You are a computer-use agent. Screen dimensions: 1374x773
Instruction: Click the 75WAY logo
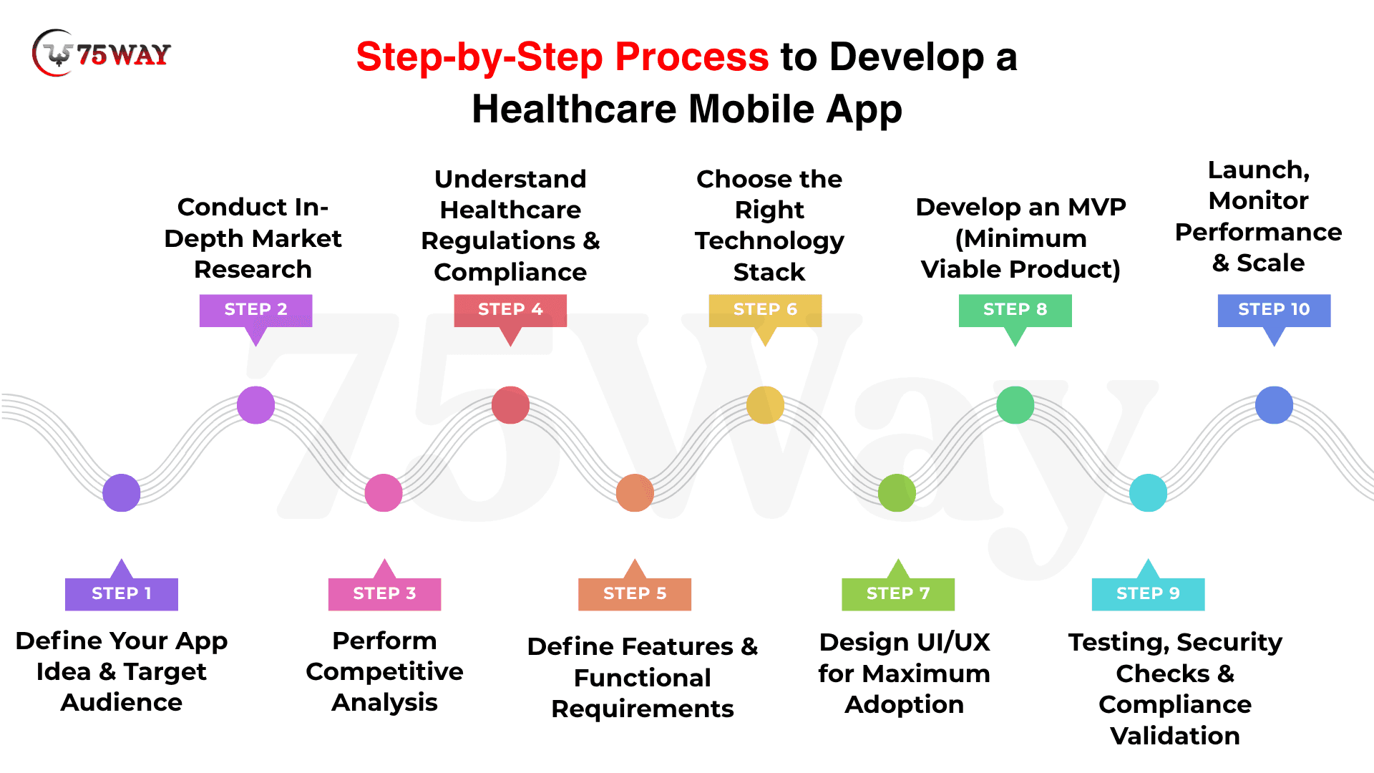click(x=101, y=53)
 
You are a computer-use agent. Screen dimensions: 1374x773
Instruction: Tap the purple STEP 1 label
click(x=122, y=593)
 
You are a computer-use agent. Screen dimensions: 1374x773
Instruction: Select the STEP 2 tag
click(x=255, y=310)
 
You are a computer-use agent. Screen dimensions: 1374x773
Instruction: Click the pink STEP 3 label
click(x=384, y=593)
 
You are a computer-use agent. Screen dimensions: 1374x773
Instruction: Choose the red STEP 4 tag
click(x=510, y=310)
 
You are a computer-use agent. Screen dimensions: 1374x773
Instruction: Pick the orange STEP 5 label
click(x=635, y=593)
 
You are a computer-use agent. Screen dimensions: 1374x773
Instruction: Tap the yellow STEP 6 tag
click(x=765, y=310)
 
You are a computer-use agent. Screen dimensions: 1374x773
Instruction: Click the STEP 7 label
click(x=898, y=593)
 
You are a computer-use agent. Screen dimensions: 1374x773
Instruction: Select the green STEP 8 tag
click(x=1015, y=310)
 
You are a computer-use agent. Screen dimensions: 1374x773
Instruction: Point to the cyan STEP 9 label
click(x=1148, y=593)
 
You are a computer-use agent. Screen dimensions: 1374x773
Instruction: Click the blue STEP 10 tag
click(x=1275, y=310)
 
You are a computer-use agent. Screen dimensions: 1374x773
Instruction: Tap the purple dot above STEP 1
click(x=122, y=492)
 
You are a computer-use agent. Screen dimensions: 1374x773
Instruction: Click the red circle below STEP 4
click(x=510, y=405)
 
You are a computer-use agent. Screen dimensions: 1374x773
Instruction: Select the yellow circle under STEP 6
click(x=765, y=405)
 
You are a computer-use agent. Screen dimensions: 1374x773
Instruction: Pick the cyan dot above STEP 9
click(x=1148, y=492)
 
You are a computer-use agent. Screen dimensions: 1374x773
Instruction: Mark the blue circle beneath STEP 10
click(x=1275, y=405)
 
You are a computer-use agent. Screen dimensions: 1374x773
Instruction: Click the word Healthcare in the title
click(x=574, y=110)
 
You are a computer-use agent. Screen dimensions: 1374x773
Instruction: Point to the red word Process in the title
click(x=692, y=57)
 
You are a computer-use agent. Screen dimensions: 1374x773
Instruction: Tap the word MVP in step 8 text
click(x=1097, y=207)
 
